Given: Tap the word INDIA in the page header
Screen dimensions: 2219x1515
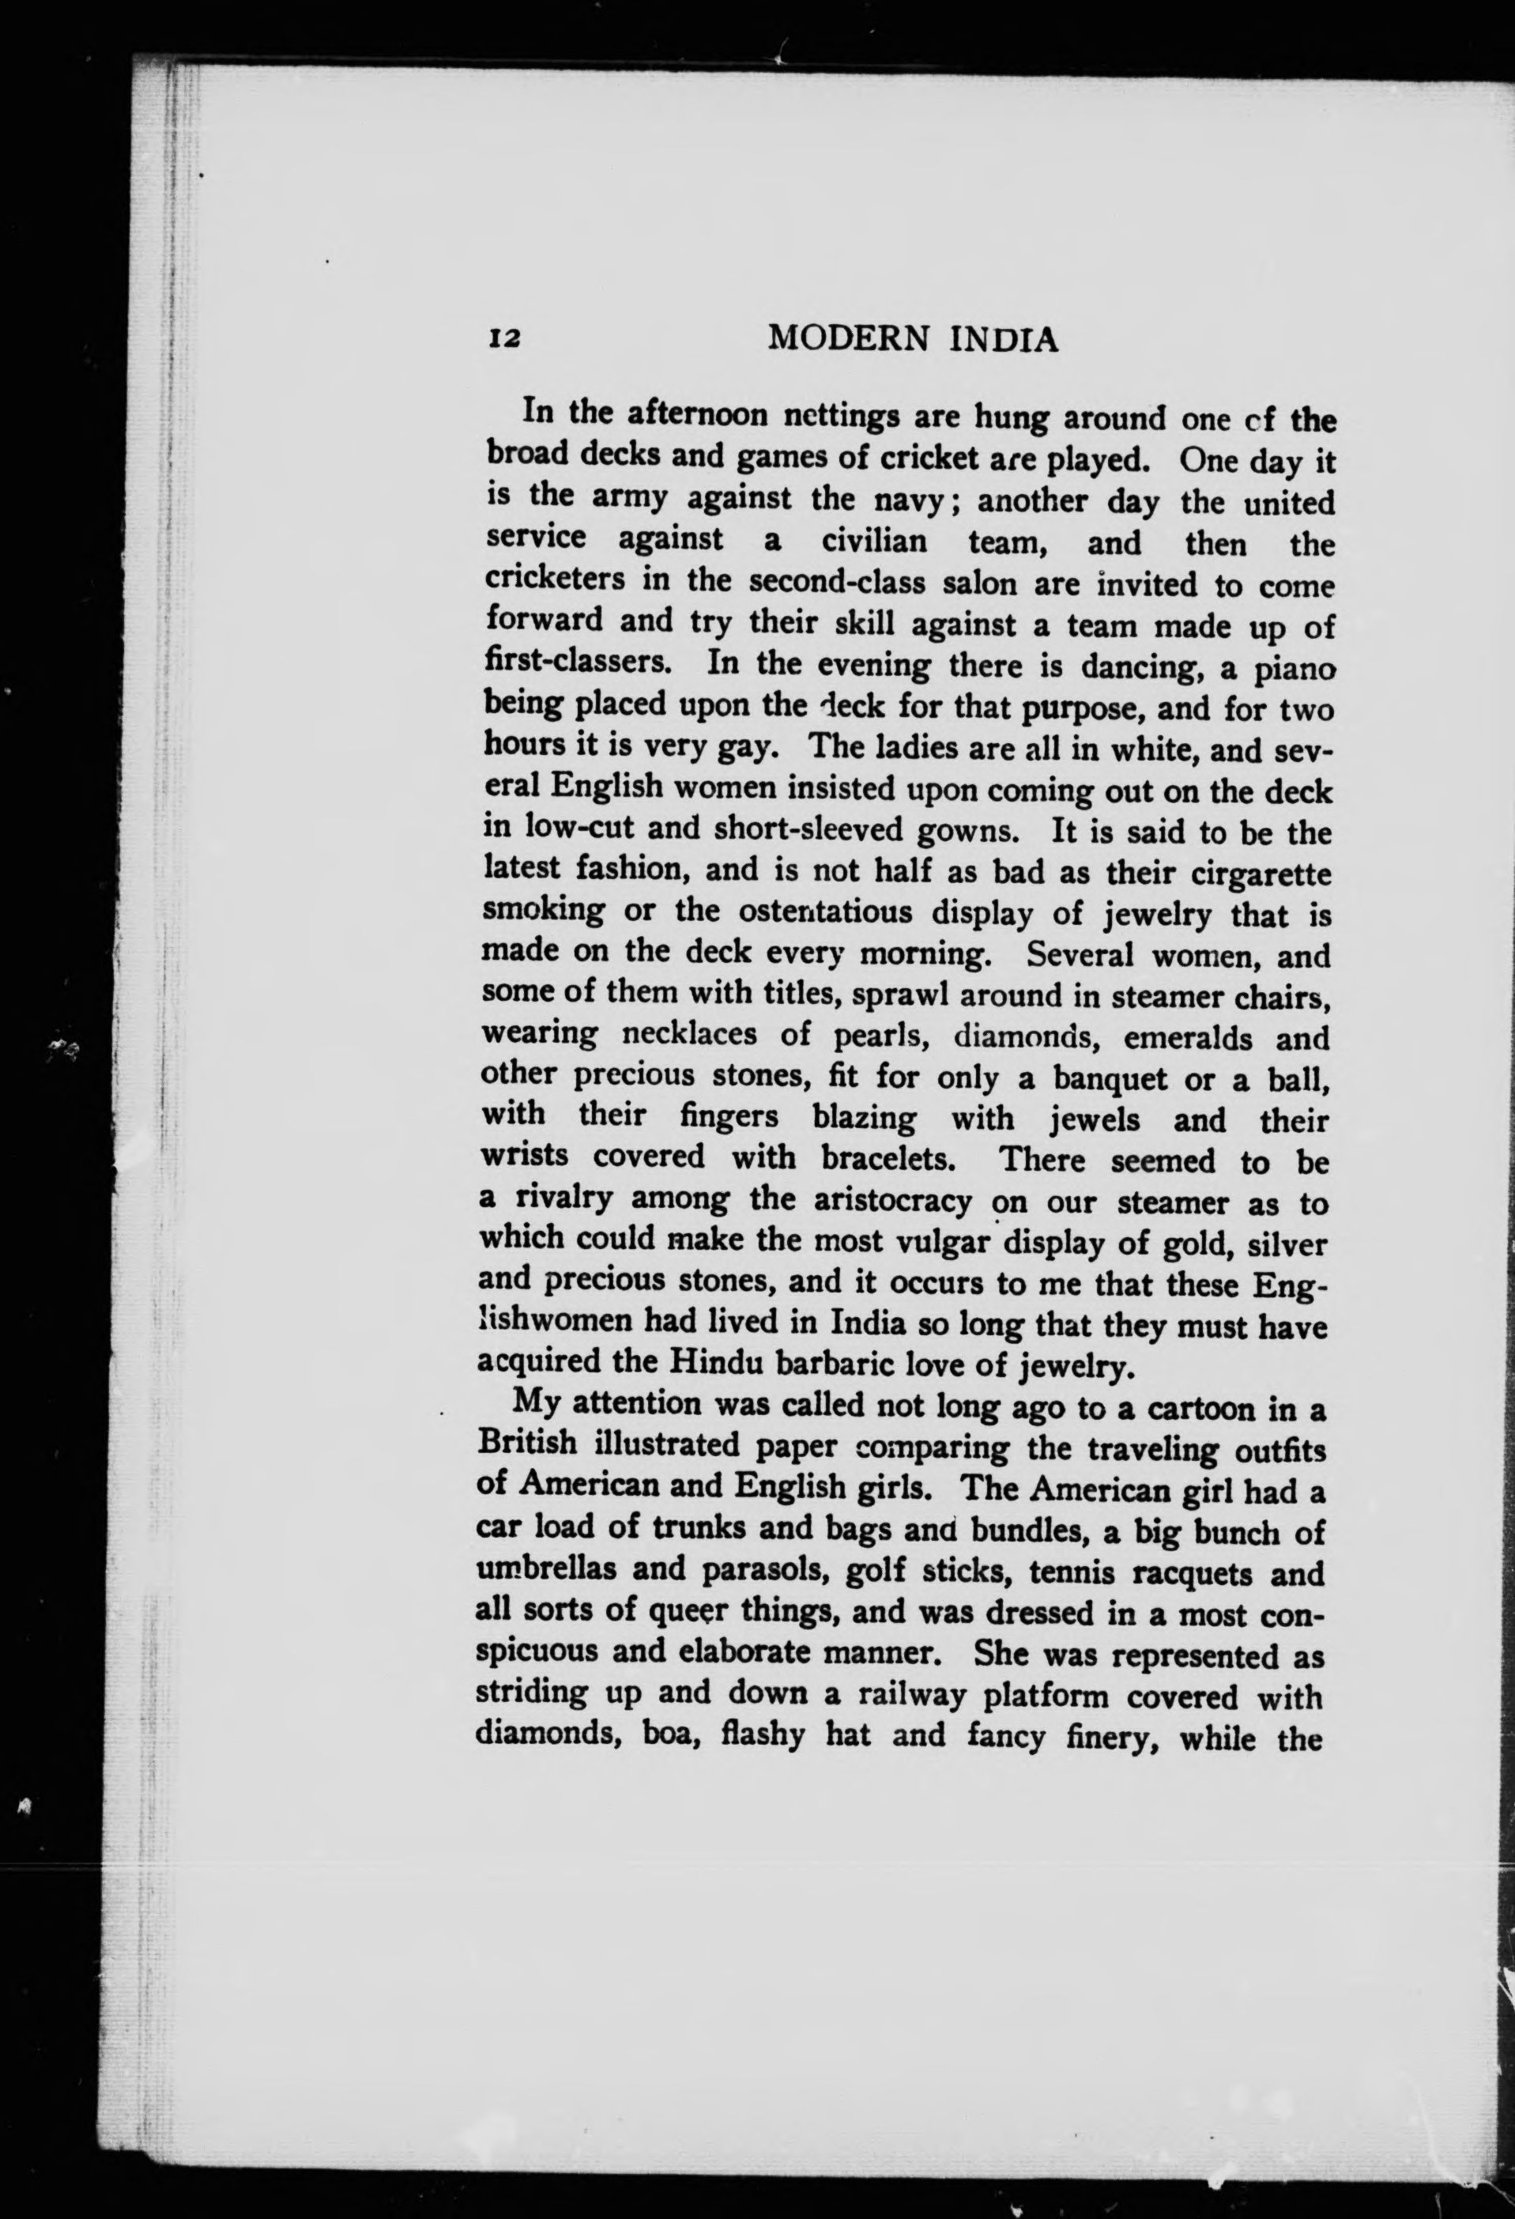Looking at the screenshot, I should pyautogui.click(x=1001, y=339).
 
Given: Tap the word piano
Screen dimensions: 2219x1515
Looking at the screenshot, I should pyautogui.click(x=1293, y=666).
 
